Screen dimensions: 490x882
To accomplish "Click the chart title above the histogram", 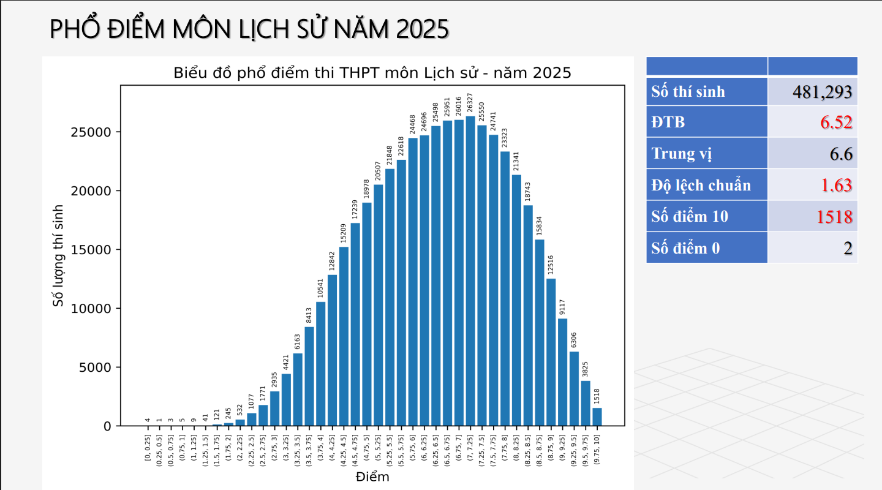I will pyautogui.click(x=372, y=73).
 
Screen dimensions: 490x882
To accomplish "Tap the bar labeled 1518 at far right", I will pyautogui.click(x=597, y=417).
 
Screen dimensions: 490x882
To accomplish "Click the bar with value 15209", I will pyautogui.click(x=344, y=336).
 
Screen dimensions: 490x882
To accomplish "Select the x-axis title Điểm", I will pyautogui.click(x=372, y=477).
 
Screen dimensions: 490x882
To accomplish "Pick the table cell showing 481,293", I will pyautogui.click(x=813, y=92).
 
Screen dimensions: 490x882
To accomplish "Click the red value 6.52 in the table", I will pyautogui.click(x=813, y=122).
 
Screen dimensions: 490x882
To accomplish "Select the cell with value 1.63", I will pyautogui.click(x=813, y=185).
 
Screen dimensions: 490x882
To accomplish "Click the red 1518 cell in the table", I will pyautogui.click(x=813, y=216).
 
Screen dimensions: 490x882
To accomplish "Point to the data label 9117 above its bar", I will pyautogui.click(x=562, y=307).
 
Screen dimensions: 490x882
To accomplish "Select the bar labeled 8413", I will pyautogui.click(x=309, y=376).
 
